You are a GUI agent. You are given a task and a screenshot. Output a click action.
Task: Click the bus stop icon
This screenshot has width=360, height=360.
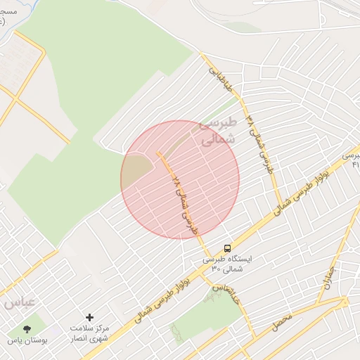point(227,247)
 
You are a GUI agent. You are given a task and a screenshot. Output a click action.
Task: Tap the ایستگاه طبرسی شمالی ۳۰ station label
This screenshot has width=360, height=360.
point(227,263)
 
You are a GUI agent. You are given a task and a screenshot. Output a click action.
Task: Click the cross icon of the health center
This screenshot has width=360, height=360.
point(89,318)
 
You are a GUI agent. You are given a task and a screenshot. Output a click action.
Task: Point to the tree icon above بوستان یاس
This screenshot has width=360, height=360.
point(27,328)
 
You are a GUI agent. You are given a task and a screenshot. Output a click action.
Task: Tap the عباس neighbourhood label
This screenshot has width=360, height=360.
point(19,303)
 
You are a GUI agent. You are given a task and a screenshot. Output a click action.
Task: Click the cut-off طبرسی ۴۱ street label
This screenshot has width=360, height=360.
point(352,159)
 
